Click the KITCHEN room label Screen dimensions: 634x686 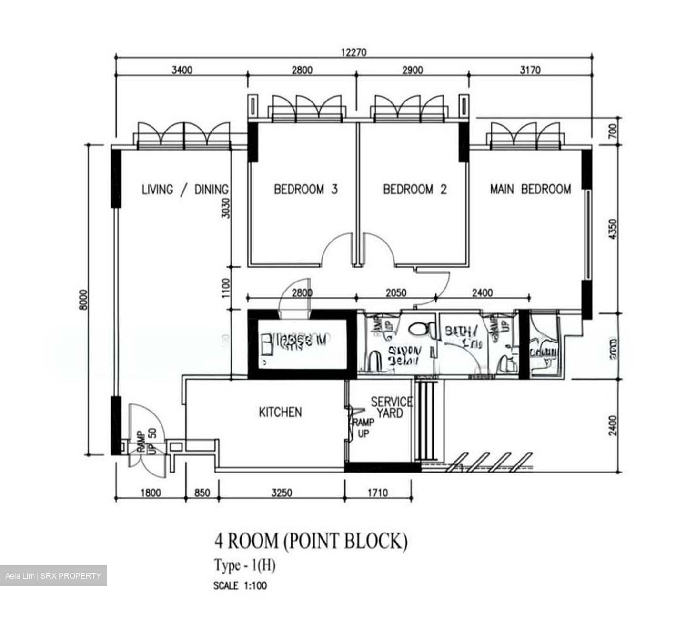[280, 412]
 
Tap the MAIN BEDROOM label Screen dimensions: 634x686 [530, 190]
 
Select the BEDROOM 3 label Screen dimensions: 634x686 [305, 190]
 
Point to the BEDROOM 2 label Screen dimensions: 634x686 [414, 190]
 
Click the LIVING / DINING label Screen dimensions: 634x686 [185, 190]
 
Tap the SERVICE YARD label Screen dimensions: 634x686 [391, 407]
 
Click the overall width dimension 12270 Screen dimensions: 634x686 [353, 52]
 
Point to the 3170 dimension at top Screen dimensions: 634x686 [530, 70]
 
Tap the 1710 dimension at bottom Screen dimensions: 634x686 [377, 493]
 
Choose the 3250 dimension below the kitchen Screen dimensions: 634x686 [281, 493]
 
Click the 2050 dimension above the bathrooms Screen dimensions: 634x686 [396, 292]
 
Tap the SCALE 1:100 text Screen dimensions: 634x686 [240, 586]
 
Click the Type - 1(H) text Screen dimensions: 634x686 [245, 566]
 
